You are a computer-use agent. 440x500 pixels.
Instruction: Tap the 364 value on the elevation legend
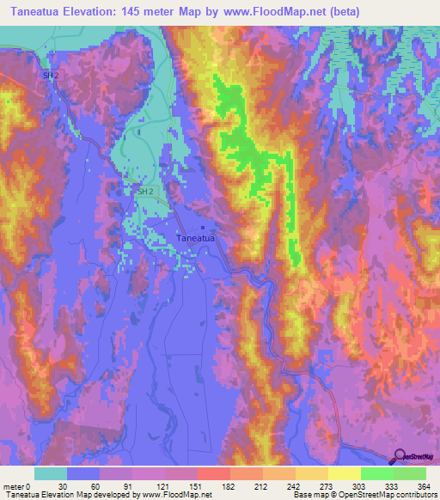pos(424,485)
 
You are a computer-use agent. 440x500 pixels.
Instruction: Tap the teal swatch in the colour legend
pos(51,473)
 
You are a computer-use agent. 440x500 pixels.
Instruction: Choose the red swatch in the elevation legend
pos(213,473)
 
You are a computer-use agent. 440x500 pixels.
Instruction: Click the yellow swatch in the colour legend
pos(344,473)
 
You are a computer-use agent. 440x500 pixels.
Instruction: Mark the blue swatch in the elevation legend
pos(83,473)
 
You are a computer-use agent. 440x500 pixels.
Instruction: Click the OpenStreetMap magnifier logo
pos(400,456)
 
